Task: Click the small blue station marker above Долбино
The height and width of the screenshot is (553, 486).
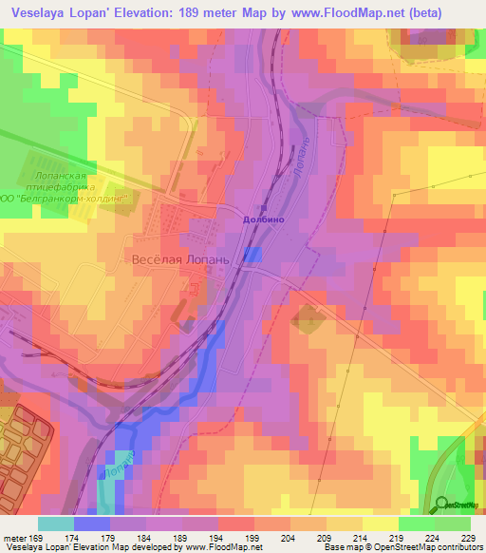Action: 265,206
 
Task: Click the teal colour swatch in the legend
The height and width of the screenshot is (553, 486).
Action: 55,524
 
